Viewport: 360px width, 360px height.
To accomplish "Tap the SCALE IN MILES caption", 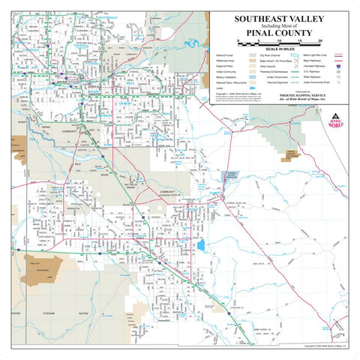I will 280,49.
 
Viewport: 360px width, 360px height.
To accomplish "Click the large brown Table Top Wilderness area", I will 43,268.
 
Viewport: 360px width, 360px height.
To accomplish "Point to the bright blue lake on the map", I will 200,245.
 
